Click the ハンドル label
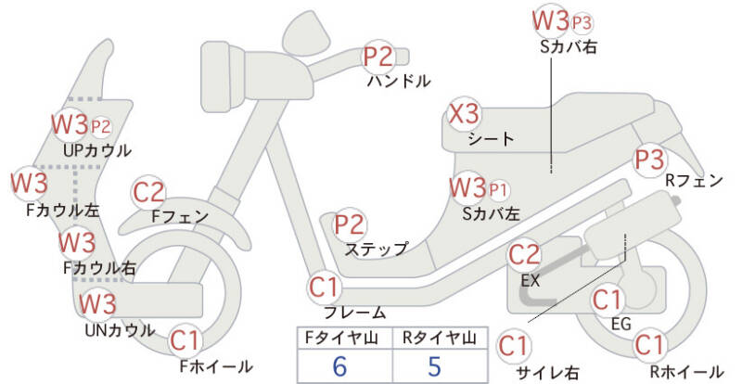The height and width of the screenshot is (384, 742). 399,81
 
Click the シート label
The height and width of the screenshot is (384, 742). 491,139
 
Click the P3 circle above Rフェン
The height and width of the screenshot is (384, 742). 649,159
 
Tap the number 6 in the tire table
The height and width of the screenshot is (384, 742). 339,365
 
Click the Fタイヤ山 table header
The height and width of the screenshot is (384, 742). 339,337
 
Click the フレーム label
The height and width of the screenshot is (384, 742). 354,313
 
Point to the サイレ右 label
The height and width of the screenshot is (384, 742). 548,373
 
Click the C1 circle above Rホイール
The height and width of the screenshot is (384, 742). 650,345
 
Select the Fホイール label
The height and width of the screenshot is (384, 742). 216,366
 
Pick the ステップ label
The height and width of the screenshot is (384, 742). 376,249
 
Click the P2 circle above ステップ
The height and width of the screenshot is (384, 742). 350,224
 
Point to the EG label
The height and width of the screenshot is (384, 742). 620,324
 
